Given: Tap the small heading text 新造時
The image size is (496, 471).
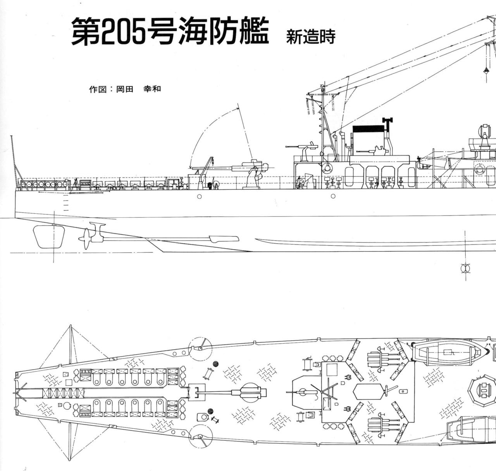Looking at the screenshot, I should [x=310, y=37].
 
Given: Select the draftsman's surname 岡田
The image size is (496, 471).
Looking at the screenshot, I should [x=125, y=89].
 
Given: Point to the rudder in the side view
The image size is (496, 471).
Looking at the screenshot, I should [x=48, y=236].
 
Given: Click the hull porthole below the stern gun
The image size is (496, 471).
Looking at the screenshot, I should [x=199, y=196].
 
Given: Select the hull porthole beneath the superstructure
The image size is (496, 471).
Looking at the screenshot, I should [x=333, y=196].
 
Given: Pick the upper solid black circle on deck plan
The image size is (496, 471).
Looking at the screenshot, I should [x=216, y=364].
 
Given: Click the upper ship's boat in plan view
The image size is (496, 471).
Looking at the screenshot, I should [x=449, y=351].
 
